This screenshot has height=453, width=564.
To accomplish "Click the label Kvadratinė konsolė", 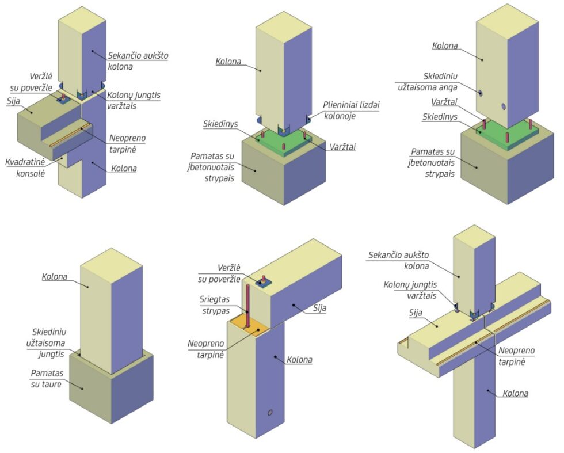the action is click(25, 168).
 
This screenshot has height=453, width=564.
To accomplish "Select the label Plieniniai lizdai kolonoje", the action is click(351, 110).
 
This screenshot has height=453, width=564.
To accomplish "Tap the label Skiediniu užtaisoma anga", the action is click(428, 82).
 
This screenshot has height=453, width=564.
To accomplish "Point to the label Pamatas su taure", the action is click(47, 379).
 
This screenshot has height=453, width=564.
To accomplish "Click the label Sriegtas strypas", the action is click(215, 304).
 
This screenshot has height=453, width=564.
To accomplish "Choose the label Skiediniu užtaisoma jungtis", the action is click(45, 343).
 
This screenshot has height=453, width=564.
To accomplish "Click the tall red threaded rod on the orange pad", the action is click(248, 306).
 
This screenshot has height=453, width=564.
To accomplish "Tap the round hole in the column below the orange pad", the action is click(270, 413).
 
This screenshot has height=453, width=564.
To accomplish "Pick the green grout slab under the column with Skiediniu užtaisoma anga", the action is click(508, 135).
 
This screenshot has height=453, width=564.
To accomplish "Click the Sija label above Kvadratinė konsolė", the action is click(13, 101).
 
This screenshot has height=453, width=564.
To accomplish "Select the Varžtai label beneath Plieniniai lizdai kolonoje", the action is click(342, 147).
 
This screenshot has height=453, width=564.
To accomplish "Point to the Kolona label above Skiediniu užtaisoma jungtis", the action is click(55, 276).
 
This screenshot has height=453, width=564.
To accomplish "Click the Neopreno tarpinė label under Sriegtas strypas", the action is click(206, 349).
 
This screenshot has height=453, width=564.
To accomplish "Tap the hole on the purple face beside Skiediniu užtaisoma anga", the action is click(504, 106).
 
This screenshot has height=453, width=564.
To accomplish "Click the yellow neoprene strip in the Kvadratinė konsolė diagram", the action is click(70, 135).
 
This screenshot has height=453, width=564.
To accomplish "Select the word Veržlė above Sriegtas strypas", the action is click(229, 268).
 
